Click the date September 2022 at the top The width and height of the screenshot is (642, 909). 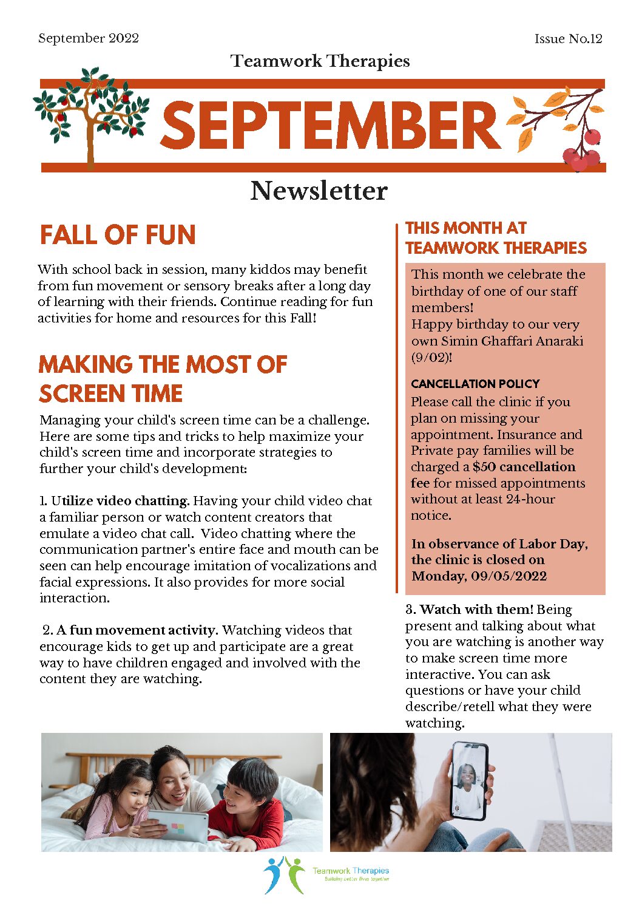click(x=89, y=38)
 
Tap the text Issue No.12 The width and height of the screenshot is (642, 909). click(x=568, y=39)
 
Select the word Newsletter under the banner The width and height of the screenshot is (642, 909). click(x=319, y=191)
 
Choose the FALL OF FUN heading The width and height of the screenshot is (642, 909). click(x=118, y=235)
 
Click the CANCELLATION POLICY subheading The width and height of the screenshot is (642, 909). click(x=475, y=384)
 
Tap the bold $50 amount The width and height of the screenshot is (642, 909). click(x=484, y=467)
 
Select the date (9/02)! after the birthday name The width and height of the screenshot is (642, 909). click(x=431, y=357)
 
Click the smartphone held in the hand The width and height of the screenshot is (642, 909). click(x=469, y=780)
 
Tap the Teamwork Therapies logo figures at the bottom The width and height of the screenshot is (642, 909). click(x=283, y=874)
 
